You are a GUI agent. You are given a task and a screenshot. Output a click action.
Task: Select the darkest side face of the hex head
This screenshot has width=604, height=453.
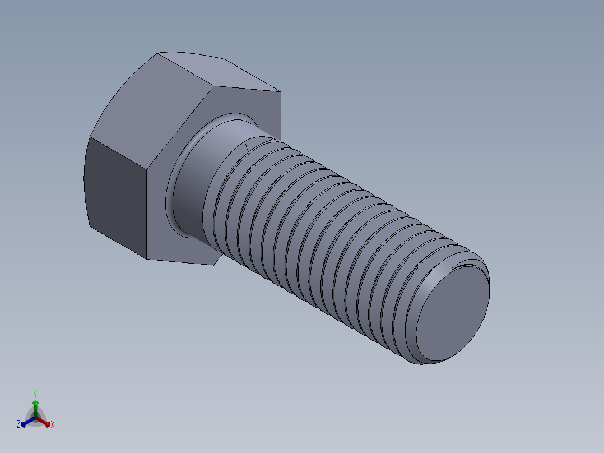coord(115,196)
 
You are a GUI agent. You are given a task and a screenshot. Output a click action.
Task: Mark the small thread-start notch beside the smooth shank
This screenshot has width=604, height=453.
coord(247,146)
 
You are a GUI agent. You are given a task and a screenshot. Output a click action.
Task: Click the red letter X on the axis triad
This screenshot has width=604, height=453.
coord(53,425)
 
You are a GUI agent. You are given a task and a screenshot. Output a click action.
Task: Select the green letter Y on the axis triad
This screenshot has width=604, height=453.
coord(35,394)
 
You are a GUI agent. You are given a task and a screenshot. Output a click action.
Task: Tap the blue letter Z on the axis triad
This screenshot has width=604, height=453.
coord(18,424)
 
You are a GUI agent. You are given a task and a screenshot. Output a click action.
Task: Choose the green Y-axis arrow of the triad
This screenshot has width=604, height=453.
coord(35,405)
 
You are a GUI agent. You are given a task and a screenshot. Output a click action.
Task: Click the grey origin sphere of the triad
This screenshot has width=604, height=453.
coord(35,418)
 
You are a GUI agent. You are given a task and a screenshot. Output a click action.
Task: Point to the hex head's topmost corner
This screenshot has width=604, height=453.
coord(158,53)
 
